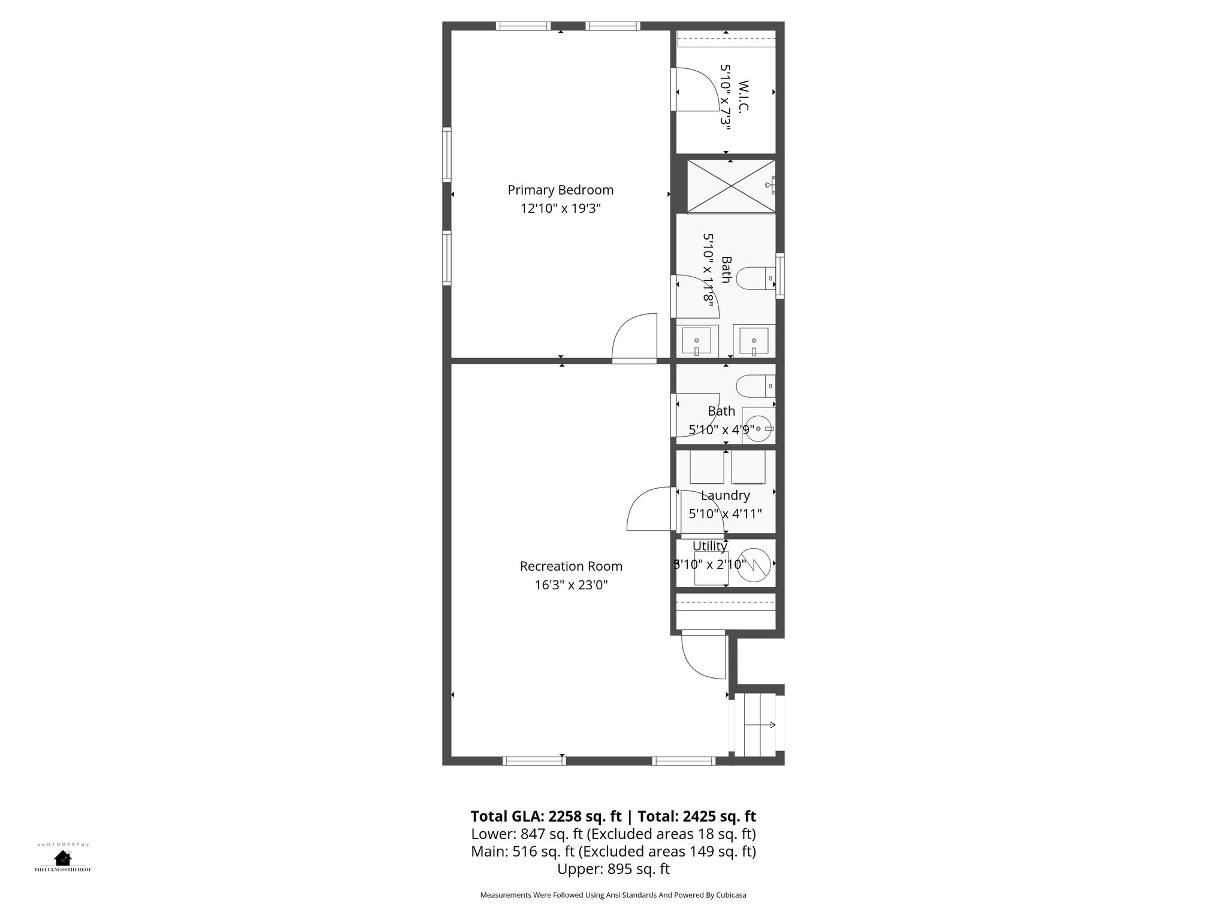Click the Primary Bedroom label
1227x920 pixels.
560,190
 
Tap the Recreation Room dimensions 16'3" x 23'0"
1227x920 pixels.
571,585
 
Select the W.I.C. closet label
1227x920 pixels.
744,96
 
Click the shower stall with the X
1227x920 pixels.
730,186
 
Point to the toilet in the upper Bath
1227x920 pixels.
755,279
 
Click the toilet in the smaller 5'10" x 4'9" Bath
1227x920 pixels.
755,385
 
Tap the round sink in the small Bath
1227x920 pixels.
758,428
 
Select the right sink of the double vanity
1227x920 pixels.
754,341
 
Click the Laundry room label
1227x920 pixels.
725,495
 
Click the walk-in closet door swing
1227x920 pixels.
695,90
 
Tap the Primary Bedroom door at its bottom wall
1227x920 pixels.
634,339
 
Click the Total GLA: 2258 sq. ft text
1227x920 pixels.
546,816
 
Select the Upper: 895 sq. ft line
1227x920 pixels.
613,868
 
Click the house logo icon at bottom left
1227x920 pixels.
62,858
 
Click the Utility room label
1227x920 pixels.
709,546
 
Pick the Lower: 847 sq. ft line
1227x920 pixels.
613,834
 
